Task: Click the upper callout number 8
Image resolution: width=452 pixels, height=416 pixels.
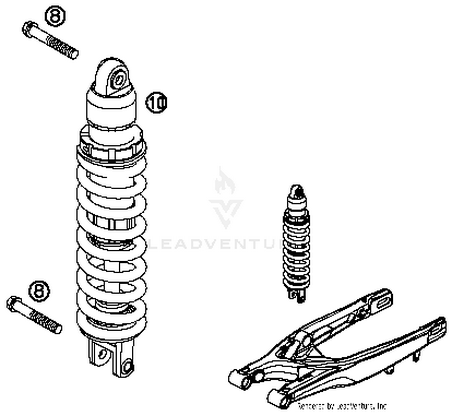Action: (x=55, y=16)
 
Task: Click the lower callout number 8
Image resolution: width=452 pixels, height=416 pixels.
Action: (x=39, y=291)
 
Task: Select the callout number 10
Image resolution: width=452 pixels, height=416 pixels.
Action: (x=156, y=103)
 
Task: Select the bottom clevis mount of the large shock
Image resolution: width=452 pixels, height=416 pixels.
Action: (x=111, y=357)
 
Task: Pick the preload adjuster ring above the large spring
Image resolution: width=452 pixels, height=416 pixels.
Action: (x=111, y=149)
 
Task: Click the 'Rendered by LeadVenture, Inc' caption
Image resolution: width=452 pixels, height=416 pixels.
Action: (x=342, y=406)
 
